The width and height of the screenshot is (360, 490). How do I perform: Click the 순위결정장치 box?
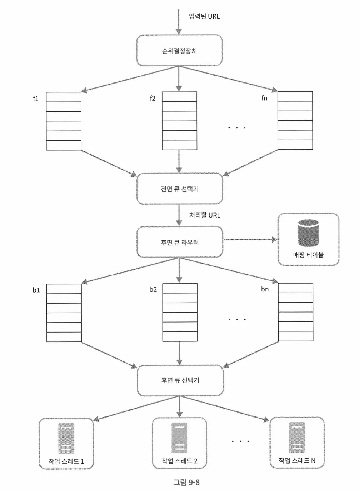[179, 50]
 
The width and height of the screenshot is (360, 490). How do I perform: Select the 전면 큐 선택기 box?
[180, 189]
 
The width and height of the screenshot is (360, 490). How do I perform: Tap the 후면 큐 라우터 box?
[180, 242]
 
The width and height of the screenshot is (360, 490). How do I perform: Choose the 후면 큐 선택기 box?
[180, 380]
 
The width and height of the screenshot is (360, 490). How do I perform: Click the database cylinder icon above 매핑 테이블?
[308, 232]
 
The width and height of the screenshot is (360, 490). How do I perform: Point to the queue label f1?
[36, 99]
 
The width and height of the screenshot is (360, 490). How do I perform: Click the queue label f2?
[152, 98]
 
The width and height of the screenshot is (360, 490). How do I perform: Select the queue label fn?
[264, 98]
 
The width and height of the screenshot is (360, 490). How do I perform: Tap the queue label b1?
[36, 290]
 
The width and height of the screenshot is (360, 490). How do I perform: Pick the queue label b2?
[153, 289]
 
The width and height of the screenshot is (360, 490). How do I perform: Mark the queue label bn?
[265, 289]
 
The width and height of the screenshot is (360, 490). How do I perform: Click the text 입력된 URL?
[204, 16]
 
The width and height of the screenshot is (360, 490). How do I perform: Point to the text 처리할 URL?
[205, 215]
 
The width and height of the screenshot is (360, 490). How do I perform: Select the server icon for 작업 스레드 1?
[66, 438]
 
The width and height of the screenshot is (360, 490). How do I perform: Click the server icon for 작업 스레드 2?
[179, 437]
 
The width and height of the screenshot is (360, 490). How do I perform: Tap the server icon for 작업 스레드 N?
[297, 437]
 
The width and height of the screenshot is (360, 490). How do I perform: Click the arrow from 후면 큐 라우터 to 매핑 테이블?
[250, 240]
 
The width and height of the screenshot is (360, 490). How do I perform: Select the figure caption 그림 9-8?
[186, 482]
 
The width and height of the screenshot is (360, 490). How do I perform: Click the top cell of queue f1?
[64, 97]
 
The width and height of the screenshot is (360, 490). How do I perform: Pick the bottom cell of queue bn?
[295, 336]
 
